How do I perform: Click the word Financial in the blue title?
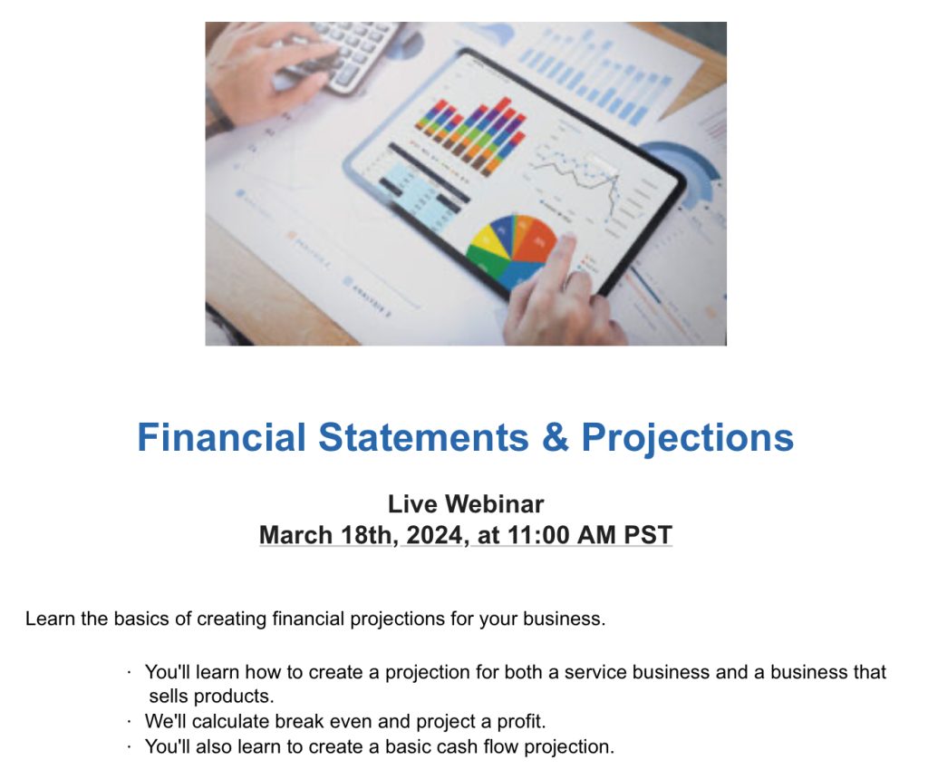pos(221,438)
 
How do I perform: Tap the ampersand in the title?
pos(555,438)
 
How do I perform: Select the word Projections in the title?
pos(688,438)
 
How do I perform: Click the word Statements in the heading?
pos(423,438)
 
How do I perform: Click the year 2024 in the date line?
pos(435,535)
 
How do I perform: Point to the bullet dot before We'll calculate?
pos(130,722)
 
